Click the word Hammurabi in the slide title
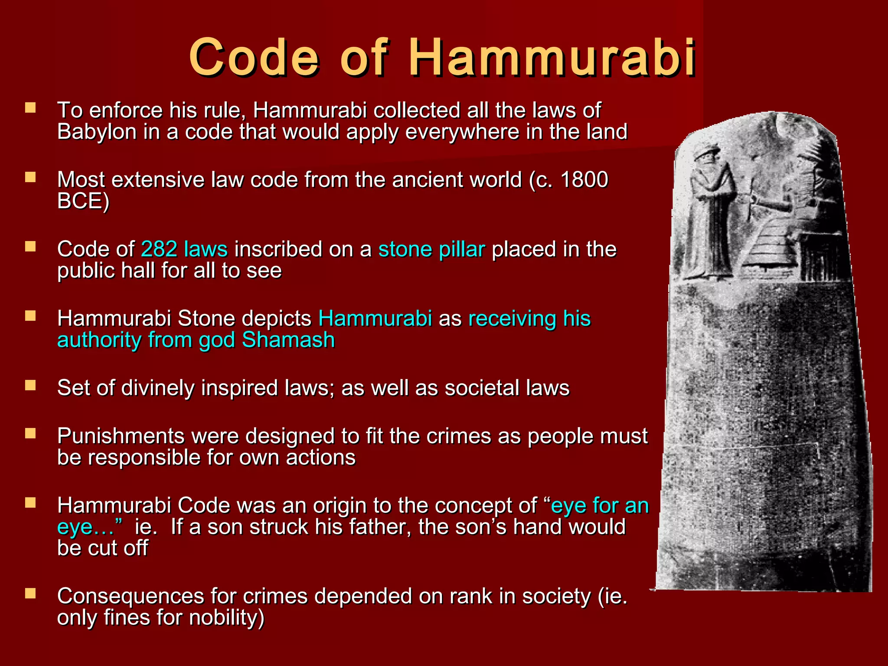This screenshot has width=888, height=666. (552, 57)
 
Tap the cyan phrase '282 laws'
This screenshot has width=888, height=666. (184, 249)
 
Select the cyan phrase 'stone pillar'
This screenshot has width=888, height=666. (431, 249)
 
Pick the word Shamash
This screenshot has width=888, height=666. (288, 340)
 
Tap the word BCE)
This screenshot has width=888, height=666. (83, 201)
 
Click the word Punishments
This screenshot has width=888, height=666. (121, 436)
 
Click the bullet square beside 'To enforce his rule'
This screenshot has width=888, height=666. (30, 108)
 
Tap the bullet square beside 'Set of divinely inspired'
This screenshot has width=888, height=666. (30, 385)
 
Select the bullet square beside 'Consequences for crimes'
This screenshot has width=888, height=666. (30, 594)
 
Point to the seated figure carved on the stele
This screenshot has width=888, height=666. (806, 208)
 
